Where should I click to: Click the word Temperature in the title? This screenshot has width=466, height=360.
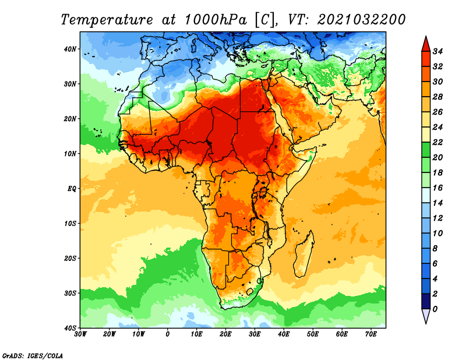(107, 20)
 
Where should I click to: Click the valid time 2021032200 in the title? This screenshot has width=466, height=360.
(361, 20)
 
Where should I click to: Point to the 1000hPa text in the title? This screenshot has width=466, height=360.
(216, 20)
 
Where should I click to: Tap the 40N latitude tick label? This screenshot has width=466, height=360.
(70, 49)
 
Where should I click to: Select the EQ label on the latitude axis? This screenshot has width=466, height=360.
(72, 189)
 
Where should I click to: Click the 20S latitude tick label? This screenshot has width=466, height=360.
(70, 258)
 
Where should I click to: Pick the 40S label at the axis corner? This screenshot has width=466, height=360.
(70, 328)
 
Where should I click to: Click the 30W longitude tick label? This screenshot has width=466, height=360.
(80, 334)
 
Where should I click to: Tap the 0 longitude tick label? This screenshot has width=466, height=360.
(168, 334)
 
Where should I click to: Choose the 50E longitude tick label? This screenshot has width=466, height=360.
(313, 334)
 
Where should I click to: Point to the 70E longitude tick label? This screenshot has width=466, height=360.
(371, 334)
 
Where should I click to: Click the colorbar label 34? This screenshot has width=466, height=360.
(437, 51)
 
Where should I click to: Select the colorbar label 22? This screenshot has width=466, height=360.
(437, 142)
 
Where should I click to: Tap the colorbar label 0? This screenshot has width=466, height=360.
(435, 309)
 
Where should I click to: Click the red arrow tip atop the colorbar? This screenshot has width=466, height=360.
(426, 37)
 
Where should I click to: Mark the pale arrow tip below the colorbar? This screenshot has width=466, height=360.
(426, 323)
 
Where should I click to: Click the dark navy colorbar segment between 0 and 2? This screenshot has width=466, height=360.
(426, 301)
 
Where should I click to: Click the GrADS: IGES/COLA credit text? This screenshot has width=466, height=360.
(33, 355)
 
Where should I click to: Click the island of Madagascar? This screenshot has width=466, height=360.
(303, 253)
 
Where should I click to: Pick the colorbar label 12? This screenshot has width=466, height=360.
(437, 218)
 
